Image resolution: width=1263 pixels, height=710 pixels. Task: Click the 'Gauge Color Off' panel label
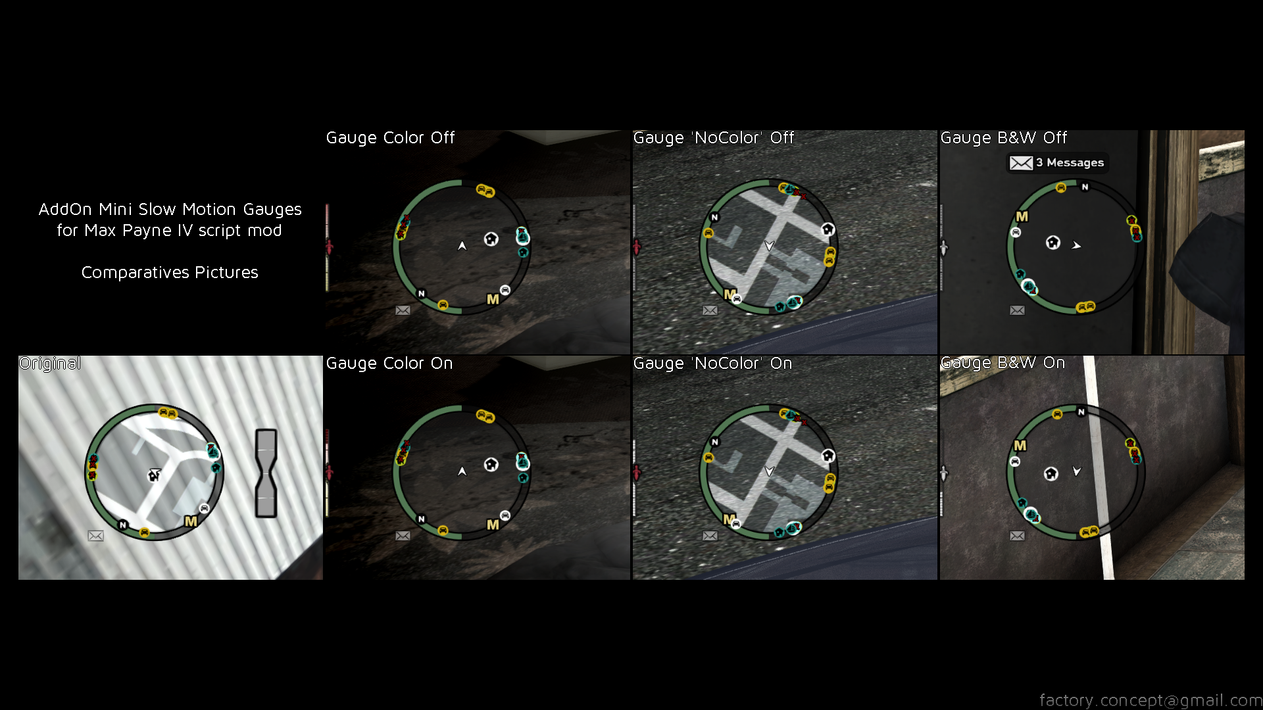click(x=390, y=138)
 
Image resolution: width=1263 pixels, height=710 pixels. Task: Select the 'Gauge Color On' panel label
click(x=389, y=364)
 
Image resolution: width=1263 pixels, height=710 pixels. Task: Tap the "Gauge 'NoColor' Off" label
click(x=714, y=138)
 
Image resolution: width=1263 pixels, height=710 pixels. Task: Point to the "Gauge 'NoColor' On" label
click(x=712, y=364)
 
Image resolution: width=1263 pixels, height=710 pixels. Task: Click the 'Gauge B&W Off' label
click(x=1004, y=138)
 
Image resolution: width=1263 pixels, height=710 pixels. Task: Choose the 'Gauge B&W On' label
click(x=1003, y=363)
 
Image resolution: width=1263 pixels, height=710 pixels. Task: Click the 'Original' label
click(x=51, y=364)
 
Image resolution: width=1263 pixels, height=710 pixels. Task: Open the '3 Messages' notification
click(x=1057, y=162)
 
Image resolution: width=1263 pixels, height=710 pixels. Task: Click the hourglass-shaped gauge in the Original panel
click(x=266, y=473)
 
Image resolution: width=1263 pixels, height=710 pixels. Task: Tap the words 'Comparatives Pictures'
click(x=170, y=272)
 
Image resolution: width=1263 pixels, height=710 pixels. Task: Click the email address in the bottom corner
click(x=1151, y=700)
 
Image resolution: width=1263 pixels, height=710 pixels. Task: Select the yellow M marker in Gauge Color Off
click(x=493, y=299)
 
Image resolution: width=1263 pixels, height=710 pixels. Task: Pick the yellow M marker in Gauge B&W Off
click(x=1022, y=216)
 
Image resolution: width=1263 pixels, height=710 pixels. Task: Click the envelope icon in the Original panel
click(x=95, y=536)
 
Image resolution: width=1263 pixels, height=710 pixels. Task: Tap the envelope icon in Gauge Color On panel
click(x=403, y=536)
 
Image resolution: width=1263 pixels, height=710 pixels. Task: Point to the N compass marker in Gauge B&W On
click(x=1081, y=412)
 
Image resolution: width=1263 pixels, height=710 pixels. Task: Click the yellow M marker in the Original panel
click(x=191, y=521)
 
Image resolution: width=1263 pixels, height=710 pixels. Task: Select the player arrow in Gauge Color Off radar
click(x=462, y=245)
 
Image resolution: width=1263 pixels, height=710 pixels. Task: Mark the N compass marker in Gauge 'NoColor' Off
click(x=714, y=217)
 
